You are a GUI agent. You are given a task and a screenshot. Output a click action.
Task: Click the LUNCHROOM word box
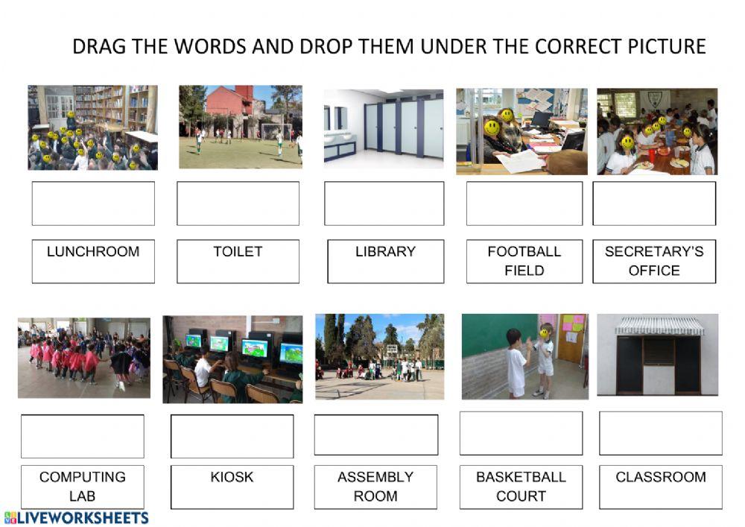pyautogui.click(x=93, y=261)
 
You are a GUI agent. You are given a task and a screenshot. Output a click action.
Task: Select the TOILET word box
pyautogui.click(x=238, y=261)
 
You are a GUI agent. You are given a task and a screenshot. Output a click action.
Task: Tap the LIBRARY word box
pyautogui.click(x=385, y=261)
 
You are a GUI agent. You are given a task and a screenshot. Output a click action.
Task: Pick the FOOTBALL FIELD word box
pyautogui.click(x=524, y=261)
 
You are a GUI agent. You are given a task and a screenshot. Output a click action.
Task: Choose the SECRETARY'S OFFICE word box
pyautogui.click(x=654, y=261)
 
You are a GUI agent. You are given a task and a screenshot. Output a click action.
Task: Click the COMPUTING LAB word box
pyautogui.click(x=82, y=487)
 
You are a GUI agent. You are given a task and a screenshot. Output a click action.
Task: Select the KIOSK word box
pyautogui.click(x=232, y=487)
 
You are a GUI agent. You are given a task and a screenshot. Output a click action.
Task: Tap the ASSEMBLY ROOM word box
pyautogui.click(x=375, y=487)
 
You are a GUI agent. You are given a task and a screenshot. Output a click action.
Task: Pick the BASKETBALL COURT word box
pyautogui.click(x=521, y=487)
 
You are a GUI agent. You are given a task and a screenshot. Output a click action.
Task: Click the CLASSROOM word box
pyautogui.click(x=660, y=487)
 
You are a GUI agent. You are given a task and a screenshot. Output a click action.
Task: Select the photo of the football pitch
pyautogui.click(x=240, y=127)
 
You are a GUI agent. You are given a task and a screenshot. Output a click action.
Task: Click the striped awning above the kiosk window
pyautogui.click(x=658, y=326)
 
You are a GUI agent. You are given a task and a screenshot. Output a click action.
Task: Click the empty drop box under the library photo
pyautogui.click(x=93, y=203)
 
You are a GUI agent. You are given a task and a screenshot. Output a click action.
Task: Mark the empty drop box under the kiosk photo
pyautogui.click(x=660, y=433)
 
